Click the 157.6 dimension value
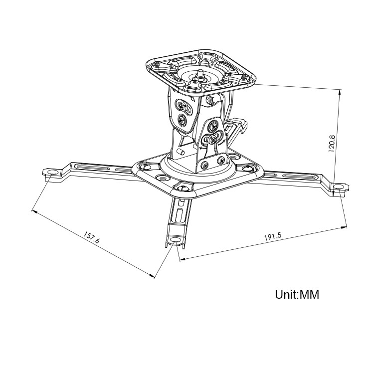coord(91,237)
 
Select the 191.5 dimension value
coord(273,236)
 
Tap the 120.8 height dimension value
coord(332,144)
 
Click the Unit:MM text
coord(297,294)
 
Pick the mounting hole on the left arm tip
coord(53,172)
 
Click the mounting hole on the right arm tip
coord(339,187)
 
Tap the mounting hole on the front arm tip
coord(176,240)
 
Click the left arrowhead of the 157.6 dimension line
coord(34,211)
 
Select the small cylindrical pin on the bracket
coord(181,152)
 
